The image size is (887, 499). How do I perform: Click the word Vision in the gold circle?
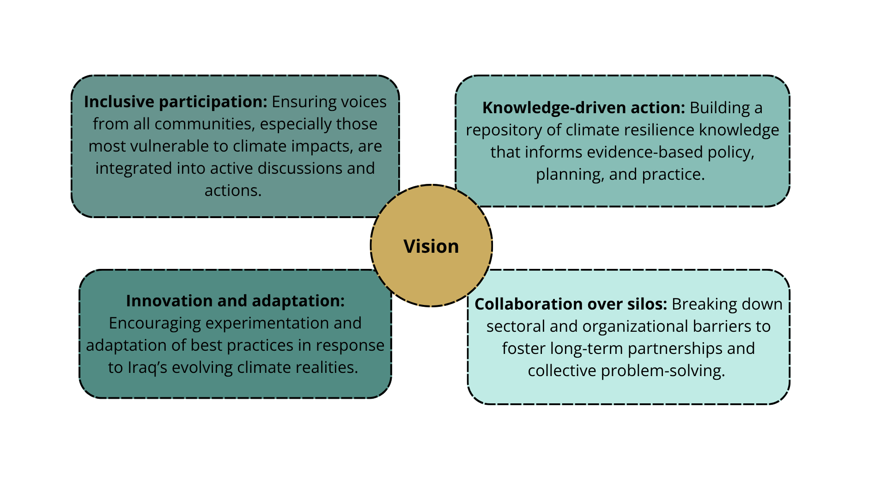[431, 246]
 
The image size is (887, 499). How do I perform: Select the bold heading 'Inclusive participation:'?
[175, 102]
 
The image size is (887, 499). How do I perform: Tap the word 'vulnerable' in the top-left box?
[170, 146]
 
